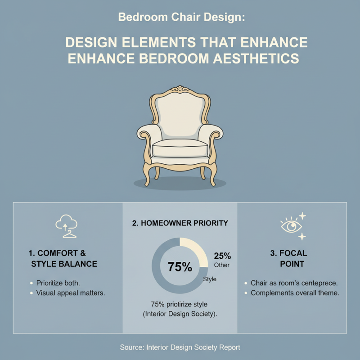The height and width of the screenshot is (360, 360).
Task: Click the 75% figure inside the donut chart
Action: point(180,266)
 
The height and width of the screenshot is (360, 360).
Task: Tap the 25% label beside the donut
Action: point(222,256)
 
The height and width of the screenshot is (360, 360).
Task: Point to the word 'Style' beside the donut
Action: point(210,279)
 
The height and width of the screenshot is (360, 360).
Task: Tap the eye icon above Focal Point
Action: point(290,225)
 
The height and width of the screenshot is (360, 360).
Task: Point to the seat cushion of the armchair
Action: point(180,149)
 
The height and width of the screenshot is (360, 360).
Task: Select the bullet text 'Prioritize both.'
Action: point(58,283)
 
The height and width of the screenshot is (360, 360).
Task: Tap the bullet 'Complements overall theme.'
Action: point(295,293)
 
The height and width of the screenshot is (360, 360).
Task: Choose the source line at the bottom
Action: point(180,347)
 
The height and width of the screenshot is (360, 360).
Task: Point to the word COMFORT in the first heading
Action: point(56,253)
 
